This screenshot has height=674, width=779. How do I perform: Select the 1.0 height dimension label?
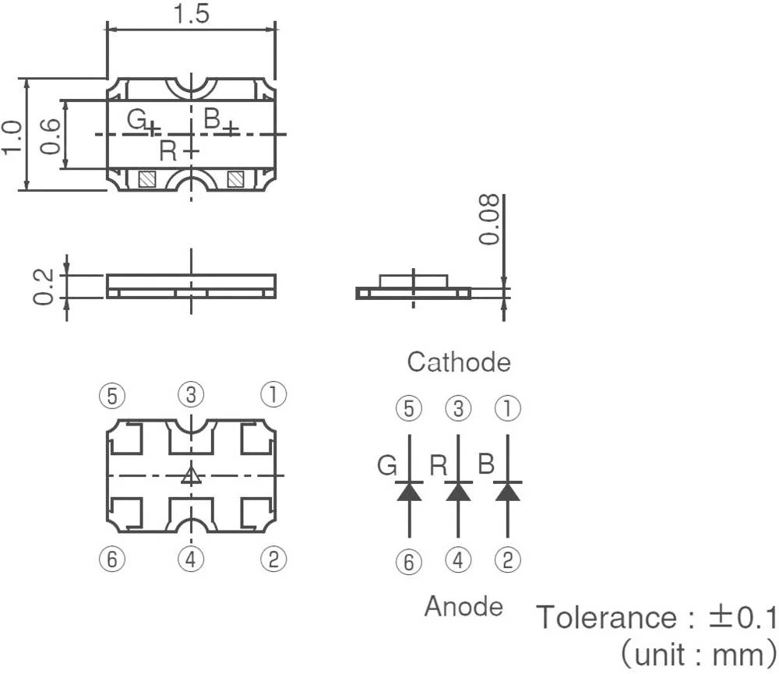pos(11,136)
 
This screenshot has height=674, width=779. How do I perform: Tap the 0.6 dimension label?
pos(48,136)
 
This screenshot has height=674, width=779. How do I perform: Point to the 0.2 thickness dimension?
pos(44,287)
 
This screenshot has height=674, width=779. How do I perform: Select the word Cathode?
pos(459,362)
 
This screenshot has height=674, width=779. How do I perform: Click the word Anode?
pos(464,606)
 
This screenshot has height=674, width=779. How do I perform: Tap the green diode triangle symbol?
pos(409,492)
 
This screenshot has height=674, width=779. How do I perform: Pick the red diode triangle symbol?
pos(458,492)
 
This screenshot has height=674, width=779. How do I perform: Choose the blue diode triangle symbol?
pos(508,492)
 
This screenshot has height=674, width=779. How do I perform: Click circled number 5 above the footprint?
pos(112,396)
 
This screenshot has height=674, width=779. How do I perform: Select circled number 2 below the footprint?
pos(273,558)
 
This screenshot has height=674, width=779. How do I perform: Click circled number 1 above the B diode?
pos(508,408)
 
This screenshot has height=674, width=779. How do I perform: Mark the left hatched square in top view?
pos(146,179)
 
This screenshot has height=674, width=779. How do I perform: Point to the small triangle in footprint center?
pos(191,476)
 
